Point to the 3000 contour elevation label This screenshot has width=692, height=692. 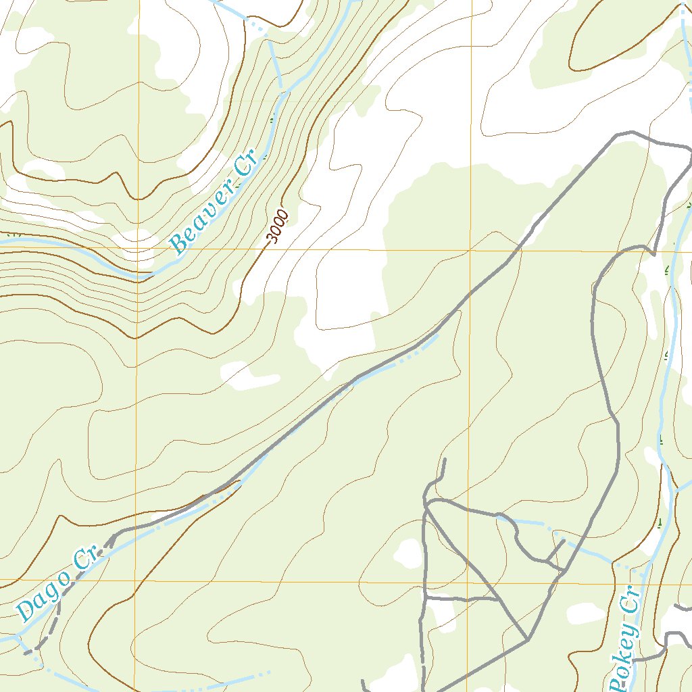click(x=278, y=226)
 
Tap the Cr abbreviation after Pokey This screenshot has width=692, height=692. click(x=631, y=600)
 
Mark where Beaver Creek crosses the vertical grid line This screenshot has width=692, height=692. click(x=138, y=276)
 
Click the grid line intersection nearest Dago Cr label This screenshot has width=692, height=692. click(x=136, y=580)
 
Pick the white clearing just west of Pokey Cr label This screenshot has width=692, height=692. click(x=585, y=614)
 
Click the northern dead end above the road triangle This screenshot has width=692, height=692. click(x=445, y=460)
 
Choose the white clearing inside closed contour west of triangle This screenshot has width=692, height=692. click(x=408, y=553)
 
